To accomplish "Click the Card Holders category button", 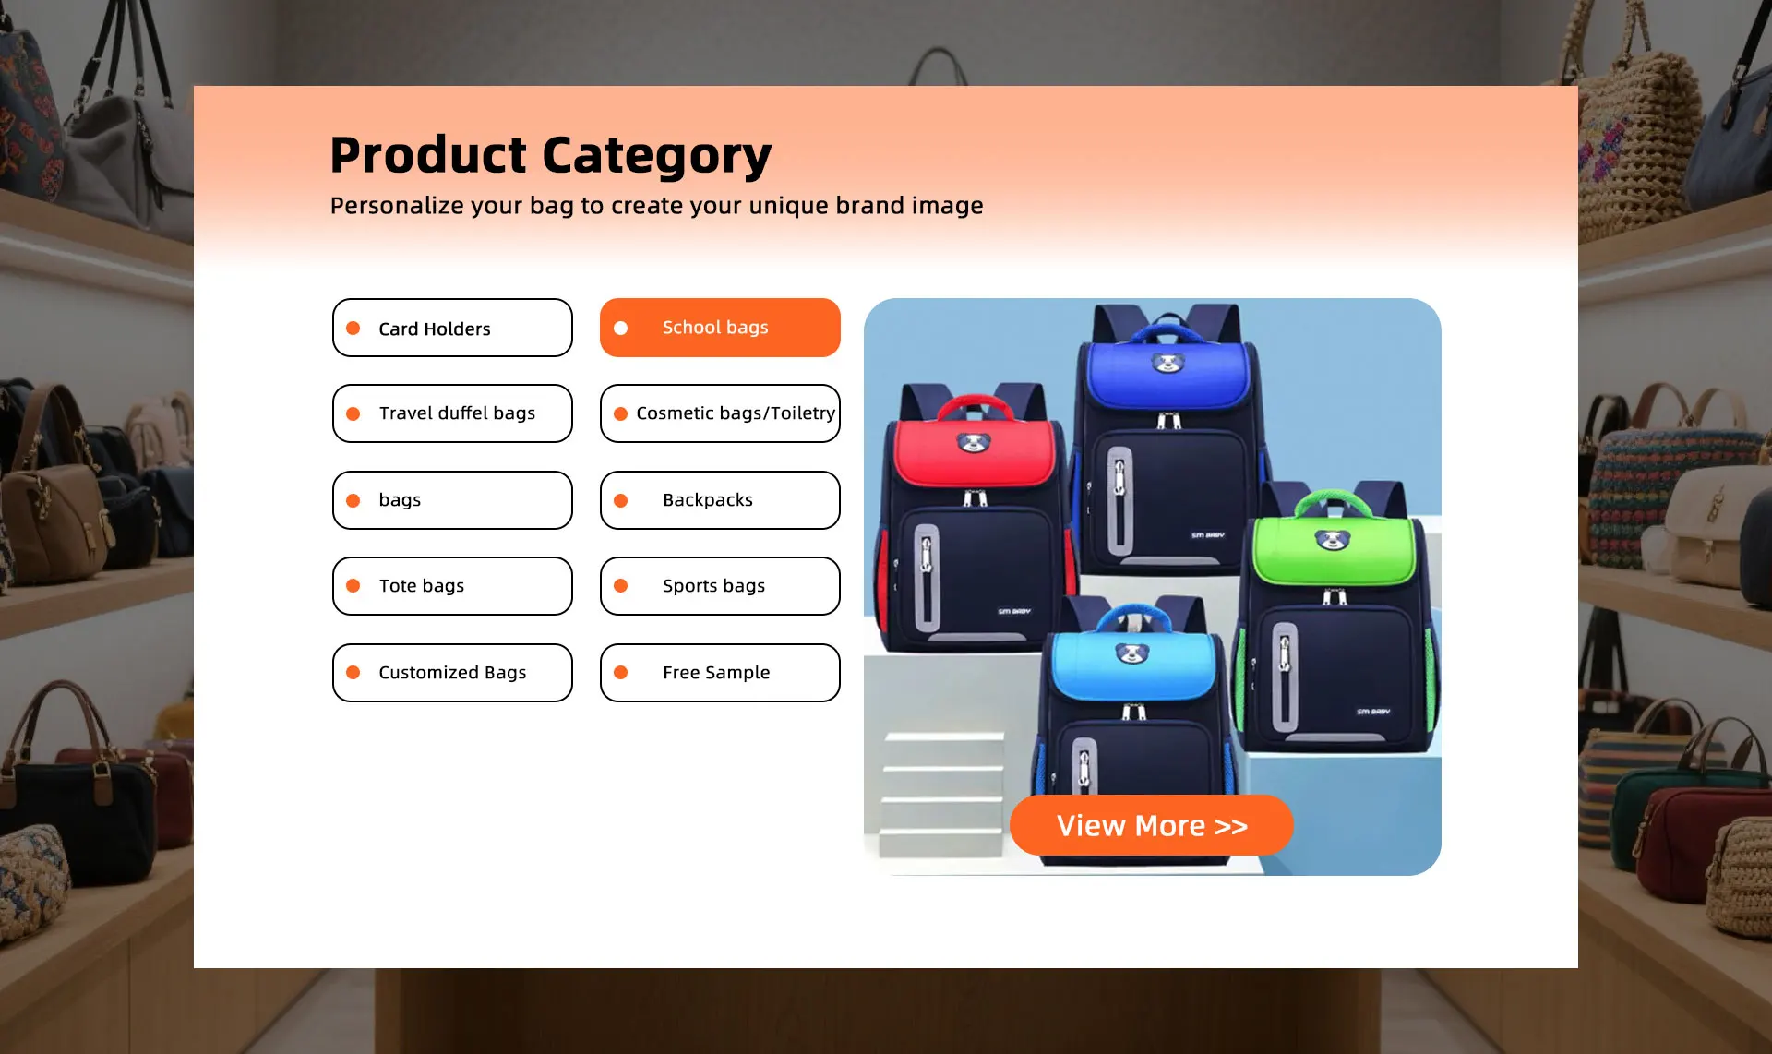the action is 452,328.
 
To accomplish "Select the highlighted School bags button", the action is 720,328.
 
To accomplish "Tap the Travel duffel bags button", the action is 452,413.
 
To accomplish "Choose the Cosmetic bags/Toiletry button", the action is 720,413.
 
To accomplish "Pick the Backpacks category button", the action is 720,500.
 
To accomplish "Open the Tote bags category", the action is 452,586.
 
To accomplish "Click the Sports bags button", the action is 720,586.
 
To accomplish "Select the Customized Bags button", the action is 452,673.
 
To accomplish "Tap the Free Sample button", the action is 720,673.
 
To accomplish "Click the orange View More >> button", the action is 1151,825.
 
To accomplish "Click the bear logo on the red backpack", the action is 973,444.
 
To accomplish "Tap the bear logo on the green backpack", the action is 1332,539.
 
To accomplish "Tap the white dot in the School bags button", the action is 621,328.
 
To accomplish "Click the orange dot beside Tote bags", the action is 353,586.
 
